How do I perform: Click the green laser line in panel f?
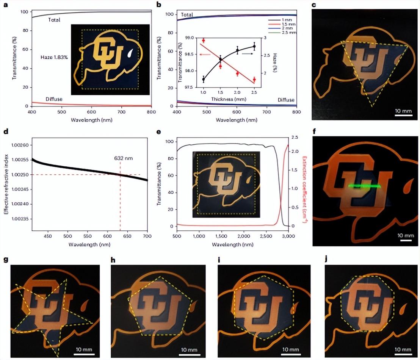coord(364,186)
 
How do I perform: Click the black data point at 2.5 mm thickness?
coord(254,47)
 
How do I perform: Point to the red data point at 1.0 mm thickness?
coord(204,41)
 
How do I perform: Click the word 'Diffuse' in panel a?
coord(54,99)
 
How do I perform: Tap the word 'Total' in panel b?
coord(187,15)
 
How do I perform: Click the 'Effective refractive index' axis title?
coord(6,182)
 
